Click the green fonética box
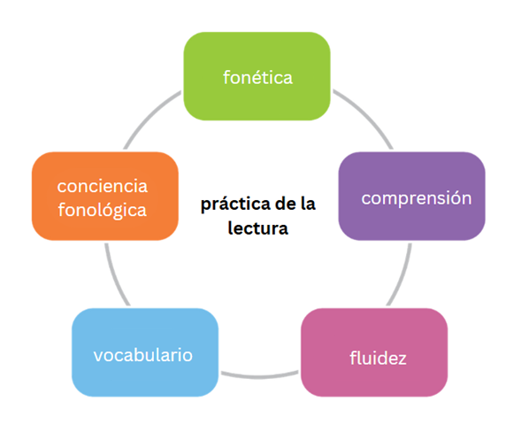(x=257, y=76)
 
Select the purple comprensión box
(x=411, y=197)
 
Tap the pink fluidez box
(x=374, y=352)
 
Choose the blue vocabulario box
(x=145, y=352)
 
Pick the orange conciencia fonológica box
(x=105, y=197)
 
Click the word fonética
(x=257, y=78)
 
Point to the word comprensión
(x=417, y=198)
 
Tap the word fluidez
(x=378, y=358)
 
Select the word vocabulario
(x=143, y=355)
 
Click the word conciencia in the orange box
(x=103, y=186)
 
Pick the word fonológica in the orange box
(x=103, y=210)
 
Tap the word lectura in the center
(x=257, y=228)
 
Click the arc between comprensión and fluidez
(x=402, y=275)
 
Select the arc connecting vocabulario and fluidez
(x=260, y=376)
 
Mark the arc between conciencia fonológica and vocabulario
(x=115, y=275)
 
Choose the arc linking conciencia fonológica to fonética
(x=149, y=115)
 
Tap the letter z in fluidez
(x=402, y=360)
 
